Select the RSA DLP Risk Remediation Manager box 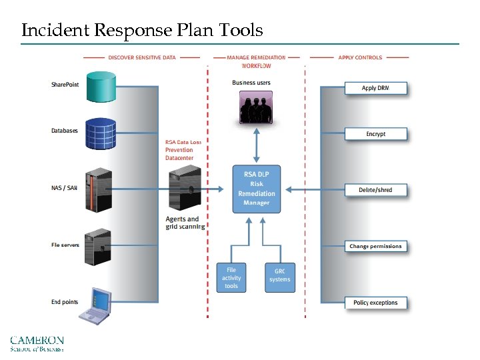257,189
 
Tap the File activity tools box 231,278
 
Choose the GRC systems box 279,275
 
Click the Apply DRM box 375,89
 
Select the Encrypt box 375,134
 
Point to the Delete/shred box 375,190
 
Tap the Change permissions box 375,247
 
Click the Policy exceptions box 375,303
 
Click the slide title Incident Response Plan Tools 142,30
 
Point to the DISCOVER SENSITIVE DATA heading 142,57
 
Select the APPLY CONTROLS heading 360,57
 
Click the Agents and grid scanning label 185,223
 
